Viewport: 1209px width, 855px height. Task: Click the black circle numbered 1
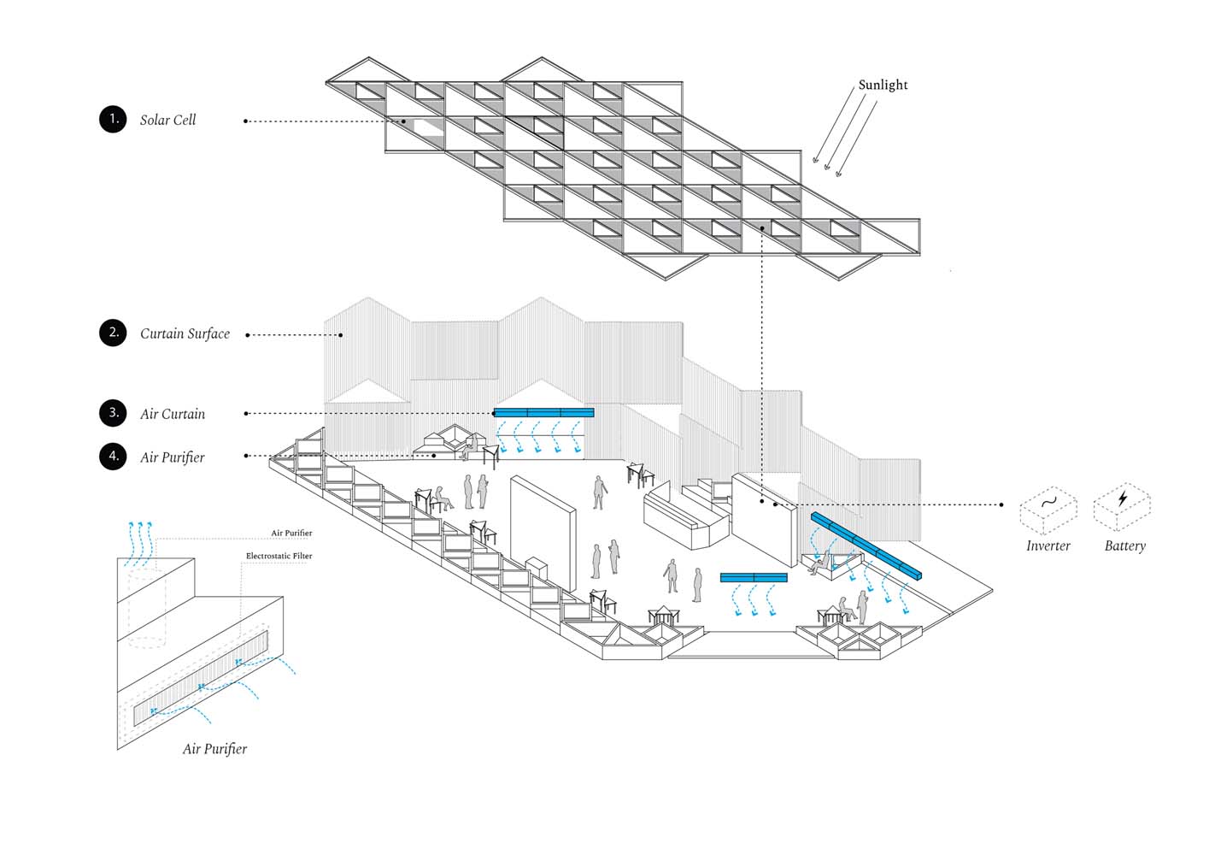click(113, 120)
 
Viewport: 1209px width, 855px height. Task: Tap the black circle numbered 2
click(113, 333)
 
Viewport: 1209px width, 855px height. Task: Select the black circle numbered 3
click(113, 413)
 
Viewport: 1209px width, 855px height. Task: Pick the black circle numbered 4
click(113, 457)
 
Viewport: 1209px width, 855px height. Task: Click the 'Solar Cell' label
click(167, 121)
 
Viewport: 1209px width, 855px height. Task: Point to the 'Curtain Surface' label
click(185, 334)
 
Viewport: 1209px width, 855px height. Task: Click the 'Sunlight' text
click(883, 85)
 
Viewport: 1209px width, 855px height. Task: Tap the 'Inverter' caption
click(1048, 546)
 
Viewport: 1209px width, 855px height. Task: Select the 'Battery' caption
click(1124, 546)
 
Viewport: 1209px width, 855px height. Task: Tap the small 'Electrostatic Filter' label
click(279, 557)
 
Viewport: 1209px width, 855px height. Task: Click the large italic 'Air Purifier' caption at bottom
click(214, 749)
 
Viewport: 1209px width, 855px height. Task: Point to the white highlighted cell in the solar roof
click(429, 126)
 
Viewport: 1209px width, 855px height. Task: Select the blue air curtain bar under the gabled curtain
click(543, 412)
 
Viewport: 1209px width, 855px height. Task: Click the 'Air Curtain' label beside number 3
click(173, 415)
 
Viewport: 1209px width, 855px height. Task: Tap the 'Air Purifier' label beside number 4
click(173, 457)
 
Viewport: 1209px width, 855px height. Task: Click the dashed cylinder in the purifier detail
click(146, 611)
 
